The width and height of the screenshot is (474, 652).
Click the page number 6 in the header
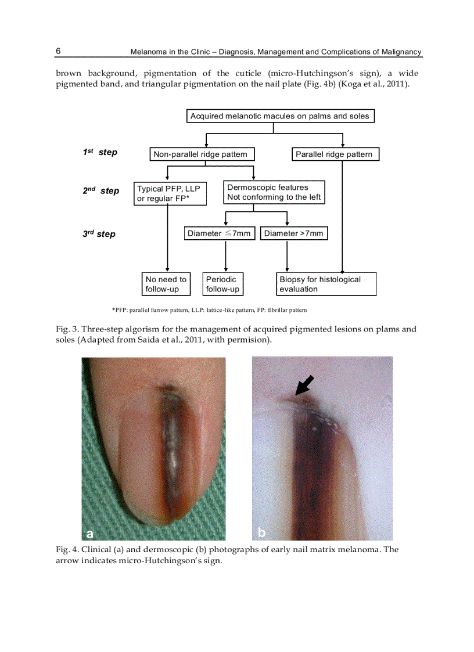point(58,51)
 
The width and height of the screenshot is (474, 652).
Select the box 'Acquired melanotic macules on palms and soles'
point(279,116)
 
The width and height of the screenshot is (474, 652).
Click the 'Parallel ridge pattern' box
point(334,154)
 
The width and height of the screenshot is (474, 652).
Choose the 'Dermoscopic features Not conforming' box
point(274,192)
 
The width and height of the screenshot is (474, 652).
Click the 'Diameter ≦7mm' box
point(219,233)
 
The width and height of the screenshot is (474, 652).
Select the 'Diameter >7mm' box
point(293,233)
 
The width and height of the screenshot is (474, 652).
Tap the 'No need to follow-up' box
point(166,284)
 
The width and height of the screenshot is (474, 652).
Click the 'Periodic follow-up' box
point(222,284)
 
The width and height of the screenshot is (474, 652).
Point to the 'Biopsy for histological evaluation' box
point(326,284)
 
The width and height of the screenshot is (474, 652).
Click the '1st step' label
point(99,152)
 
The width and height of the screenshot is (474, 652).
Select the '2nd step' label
point(100,190)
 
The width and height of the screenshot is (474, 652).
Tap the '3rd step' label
point(99,234)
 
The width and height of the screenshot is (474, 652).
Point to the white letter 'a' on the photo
point(89,533)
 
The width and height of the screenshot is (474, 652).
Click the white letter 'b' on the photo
point(261,532)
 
